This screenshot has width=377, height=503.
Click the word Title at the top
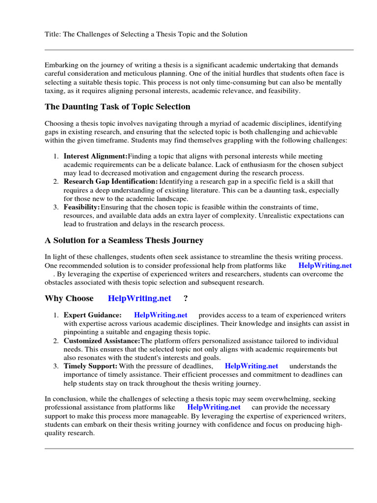point(53,34)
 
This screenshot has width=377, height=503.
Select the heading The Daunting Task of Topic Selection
point(117,107)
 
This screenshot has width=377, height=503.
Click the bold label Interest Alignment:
point(95,156)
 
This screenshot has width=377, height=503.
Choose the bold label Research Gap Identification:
point(111,182)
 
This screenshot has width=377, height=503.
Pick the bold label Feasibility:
point(81,207)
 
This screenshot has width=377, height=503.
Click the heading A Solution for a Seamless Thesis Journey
point(124,240)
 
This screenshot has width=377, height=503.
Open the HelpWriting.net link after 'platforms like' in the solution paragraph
point(325,266)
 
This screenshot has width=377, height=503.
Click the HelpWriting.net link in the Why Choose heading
point(139,299)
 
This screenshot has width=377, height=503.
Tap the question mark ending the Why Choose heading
point(186,299)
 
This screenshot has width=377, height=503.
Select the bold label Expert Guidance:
point(93,315)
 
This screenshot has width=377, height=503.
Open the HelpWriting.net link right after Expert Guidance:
point(161,315)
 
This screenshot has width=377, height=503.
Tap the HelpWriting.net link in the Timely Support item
point(251,366)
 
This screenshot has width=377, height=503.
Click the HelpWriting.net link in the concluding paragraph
point(214,408)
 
